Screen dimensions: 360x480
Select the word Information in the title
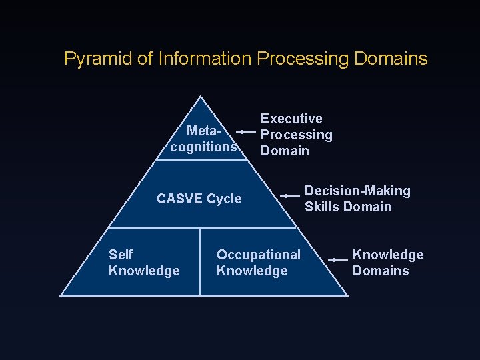[x=205, y=59]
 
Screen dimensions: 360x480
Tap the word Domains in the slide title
[x=391, y=59]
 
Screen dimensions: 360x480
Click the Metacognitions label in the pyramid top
[x=204, y=138]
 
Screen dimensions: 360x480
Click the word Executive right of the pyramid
[x=291, y=119]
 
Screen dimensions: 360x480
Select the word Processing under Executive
[x=296, y=135]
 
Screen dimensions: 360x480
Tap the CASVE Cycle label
[x=199, y=199]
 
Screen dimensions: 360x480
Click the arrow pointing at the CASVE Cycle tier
[x=290, y=196]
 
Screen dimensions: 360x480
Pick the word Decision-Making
[x=357, y=191]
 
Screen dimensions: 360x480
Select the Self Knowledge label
[x=143, y=263]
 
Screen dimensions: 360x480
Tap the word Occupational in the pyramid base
[x=258, y=255]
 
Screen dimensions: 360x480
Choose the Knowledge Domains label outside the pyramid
[x=387, y=263]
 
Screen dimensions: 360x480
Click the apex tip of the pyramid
[x=201, y=97]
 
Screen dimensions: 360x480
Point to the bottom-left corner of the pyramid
[x=61, y=295]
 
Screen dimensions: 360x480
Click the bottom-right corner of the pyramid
[x=347, y=295]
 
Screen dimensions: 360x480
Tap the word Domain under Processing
[x=285, y=151]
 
